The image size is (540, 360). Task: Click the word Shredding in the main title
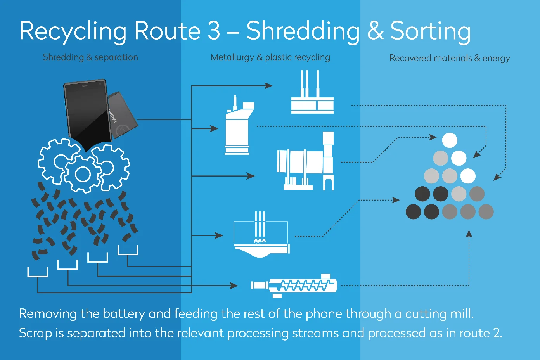pos(303,31)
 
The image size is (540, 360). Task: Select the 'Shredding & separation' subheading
pos(90,57)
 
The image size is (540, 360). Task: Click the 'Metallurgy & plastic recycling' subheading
pos(270,57)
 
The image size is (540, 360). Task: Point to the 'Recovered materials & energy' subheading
pos(450,58)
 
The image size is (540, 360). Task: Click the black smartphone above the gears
pos(87,111)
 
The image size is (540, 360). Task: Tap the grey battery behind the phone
pos(122,114)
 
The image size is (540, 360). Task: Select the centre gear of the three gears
pos(83,174)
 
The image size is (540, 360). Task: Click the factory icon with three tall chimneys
pos(312,95)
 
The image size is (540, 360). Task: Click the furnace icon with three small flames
pos(261,237)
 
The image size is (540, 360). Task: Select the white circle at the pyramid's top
pos(450,140)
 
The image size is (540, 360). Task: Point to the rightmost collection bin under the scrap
pos(128,251)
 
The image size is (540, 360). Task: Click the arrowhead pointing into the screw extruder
pos(234,286)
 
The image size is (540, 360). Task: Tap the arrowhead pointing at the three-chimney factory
pos(268,85)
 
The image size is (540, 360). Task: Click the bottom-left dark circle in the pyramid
pos(413,212)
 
